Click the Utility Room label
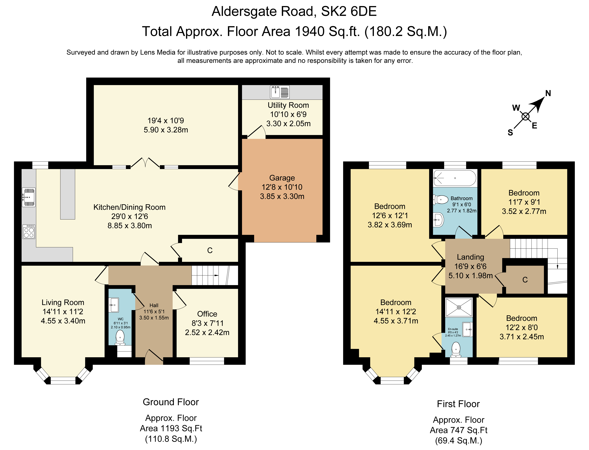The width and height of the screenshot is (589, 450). (x=288, y=105)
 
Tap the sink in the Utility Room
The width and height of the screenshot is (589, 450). (x=280, y=92)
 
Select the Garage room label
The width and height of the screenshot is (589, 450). (x=282, y=178)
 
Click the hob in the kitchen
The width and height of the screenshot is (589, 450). (x=29, y=231)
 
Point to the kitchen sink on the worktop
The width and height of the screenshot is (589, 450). (x=29, y=197)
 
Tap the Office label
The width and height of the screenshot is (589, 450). (x=207, y=314)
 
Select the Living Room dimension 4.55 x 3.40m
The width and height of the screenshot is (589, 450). (x=63, y=321)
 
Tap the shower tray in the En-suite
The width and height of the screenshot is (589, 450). (x=459, y=307)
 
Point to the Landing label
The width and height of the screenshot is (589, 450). (x=470, y=257)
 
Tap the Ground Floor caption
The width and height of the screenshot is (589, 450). (x=171, y=402)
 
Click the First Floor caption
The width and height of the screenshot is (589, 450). (x=458, y=404)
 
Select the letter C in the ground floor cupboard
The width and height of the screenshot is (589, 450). (x=210, y=250)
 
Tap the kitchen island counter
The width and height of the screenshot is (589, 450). (x=68, y=194)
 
